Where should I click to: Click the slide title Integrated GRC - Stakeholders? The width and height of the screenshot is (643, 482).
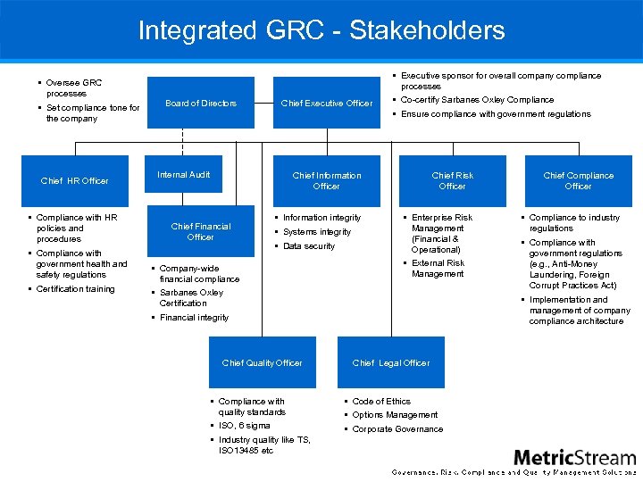click(x=321, y=30)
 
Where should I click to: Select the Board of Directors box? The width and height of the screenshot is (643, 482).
click(x=201, y=104)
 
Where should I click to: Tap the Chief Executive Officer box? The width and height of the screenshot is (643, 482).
click(x=327, y=104)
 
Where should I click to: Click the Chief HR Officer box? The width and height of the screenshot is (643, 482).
click(x=75, y=181)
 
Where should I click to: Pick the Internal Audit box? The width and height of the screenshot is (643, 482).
click(x=184, y=175)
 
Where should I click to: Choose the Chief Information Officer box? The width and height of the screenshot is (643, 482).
click(x=327, y=181)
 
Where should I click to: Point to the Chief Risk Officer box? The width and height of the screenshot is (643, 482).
click(x=453, y=181)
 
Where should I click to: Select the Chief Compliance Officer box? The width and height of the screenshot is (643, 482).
click(x=578, y=181)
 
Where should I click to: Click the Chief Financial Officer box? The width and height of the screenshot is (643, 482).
click(x=201, y=232)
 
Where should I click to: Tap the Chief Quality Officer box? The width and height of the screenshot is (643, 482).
click(x=263, y=362)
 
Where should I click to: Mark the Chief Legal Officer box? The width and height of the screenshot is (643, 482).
click(x=391, y=362)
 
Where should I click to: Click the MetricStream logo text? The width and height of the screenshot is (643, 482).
click(x=575, y=457)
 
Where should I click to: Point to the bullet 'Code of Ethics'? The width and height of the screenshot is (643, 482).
click(x=381, y=402)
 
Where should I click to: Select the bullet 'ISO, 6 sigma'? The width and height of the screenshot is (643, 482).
click(x=244, y=426)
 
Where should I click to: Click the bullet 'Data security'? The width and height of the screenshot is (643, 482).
click(x=309, y=246)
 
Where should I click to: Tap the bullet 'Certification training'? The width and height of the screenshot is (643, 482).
click(x=75, y=289)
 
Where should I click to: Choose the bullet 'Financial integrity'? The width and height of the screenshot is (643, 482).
click(x=194, y=318)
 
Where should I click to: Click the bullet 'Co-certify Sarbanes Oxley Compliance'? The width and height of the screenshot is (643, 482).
click(x=477, y=100)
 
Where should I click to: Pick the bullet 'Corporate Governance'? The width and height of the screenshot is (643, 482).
click(x=397, y=429)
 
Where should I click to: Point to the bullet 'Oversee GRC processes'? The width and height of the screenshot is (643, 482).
click(x=73, y=87)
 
